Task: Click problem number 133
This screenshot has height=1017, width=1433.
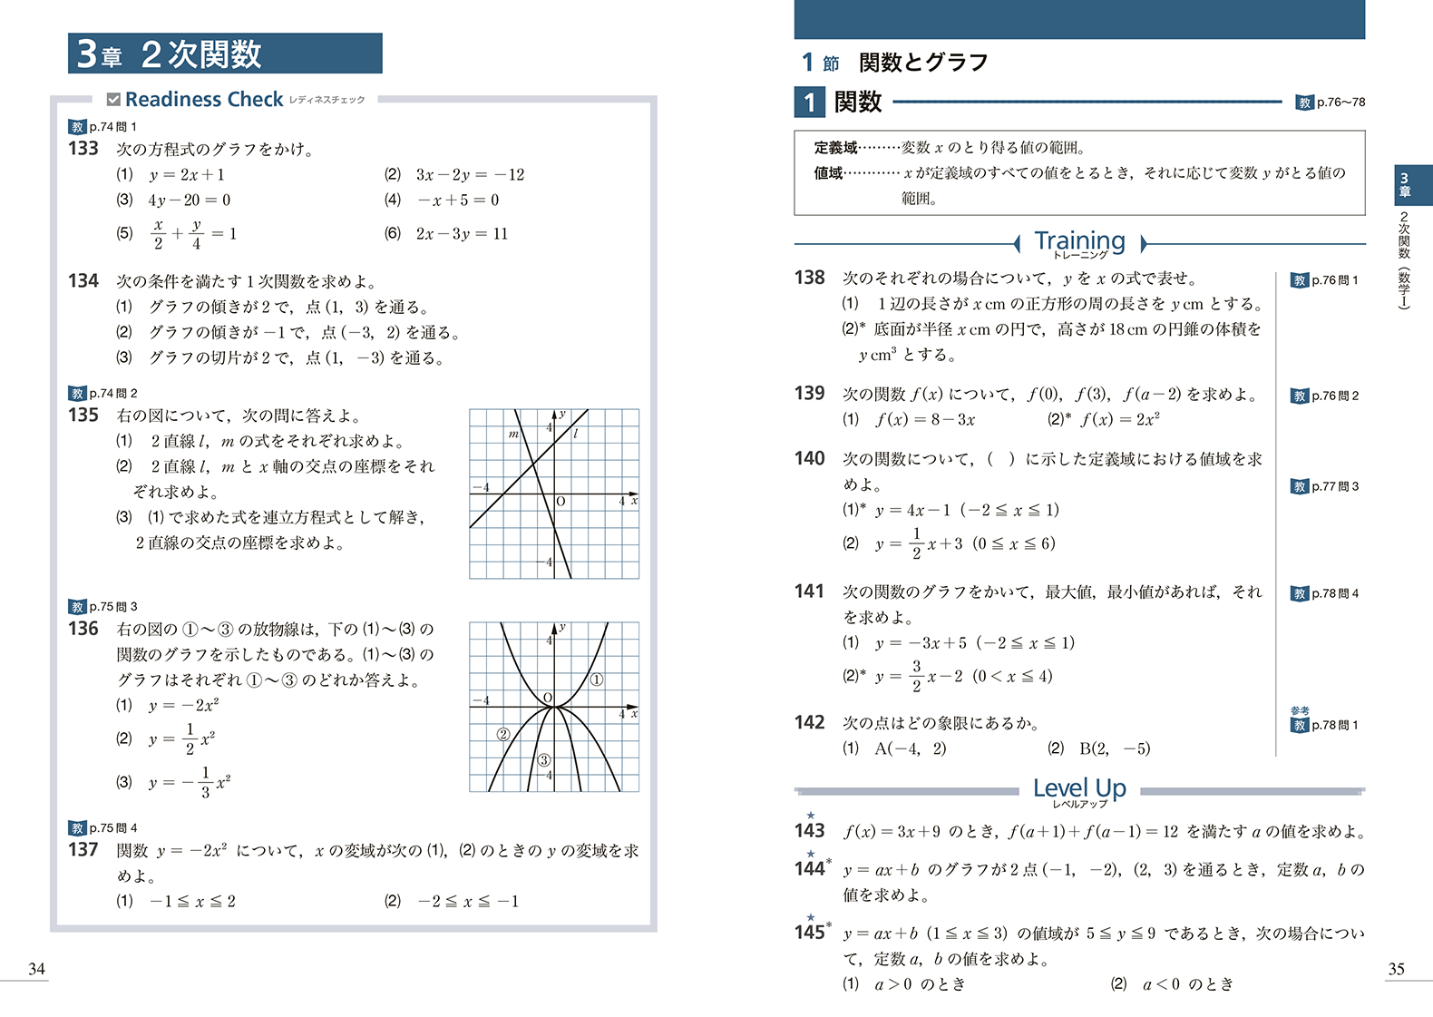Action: [83, 149]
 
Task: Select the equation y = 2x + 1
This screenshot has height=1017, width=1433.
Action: [187, 175]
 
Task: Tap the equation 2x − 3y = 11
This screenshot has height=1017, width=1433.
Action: [462, 234]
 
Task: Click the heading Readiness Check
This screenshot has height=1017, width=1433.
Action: [204, 100]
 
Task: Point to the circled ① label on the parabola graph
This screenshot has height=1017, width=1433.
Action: [597, 680]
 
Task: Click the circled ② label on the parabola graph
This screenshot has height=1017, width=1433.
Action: [503, 734]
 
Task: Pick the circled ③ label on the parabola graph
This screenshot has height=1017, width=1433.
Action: [544, 760]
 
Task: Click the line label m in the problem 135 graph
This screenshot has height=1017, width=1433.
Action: [513, 435]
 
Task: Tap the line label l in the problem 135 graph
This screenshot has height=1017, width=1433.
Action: [575, 435]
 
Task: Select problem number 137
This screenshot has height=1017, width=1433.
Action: [83, 850]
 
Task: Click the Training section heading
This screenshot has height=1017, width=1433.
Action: [1079, 241]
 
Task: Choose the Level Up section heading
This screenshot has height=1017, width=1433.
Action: [1079, 788]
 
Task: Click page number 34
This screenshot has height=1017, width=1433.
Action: [37, 969]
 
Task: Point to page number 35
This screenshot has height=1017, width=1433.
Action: [1396, 969]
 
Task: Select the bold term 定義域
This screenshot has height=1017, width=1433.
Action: [835, 148]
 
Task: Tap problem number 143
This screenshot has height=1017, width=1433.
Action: [810, 831]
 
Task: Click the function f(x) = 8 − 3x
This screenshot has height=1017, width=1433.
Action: [925, 420]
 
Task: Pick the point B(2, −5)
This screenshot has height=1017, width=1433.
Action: [1115, 749]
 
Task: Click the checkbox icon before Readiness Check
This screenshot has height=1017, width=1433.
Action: [113, 100]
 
